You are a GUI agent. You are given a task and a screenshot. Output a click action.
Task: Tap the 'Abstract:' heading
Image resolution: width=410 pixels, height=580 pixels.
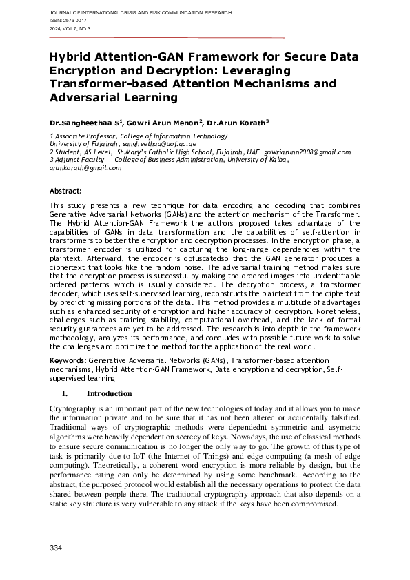click(66, 190)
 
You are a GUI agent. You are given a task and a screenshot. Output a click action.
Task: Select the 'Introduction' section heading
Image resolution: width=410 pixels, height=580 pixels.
click(109, 394)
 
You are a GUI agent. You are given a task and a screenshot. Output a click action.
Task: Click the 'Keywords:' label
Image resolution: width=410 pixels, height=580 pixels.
click(68, 360)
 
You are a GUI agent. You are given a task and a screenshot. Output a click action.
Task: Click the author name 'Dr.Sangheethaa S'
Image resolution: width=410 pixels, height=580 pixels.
click(83, 122)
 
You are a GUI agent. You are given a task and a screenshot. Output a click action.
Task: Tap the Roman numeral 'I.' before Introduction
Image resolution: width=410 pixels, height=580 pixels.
click(66, 394)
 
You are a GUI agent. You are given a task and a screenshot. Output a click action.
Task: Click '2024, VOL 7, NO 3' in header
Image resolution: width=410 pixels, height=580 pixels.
click(71, 28)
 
